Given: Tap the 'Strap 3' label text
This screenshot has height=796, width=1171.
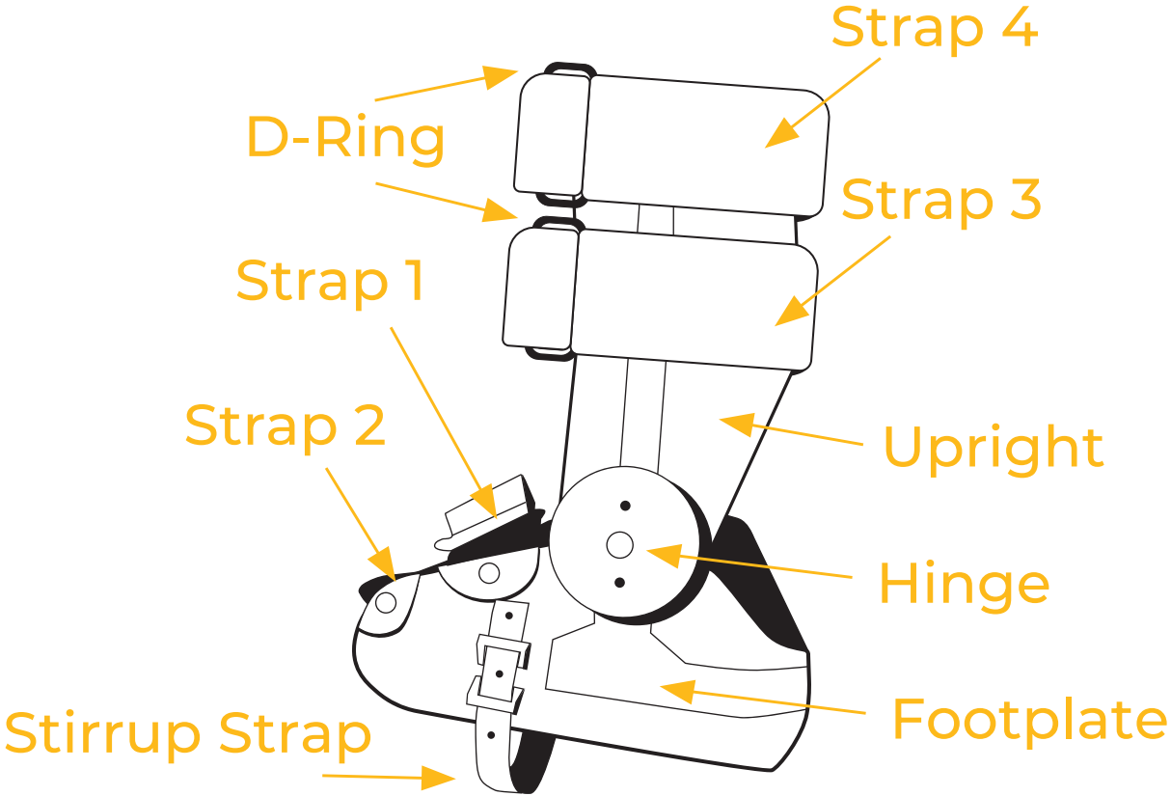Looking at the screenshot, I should point(940,200).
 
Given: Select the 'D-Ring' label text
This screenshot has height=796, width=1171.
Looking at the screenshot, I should point(346,138).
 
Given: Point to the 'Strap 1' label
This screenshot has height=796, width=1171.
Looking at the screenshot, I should point(330,281).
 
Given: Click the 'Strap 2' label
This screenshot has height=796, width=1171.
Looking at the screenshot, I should point(285,425).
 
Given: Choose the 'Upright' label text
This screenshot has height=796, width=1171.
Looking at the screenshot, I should point(993,448).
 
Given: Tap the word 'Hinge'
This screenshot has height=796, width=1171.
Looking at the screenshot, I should point(963,584).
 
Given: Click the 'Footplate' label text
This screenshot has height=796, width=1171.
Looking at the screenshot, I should point(1028,719).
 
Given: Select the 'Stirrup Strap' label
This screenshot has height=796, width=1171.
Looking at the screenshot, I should point(188,734).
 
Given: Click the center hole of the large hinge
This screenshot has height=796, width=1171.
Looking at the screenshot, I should point(619,545).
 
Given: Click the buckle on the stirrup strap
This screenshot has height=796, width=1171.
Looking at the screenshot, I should point(500,669).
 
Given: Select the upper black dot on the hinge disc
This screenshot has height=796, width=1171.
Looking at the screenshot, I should point(625,506).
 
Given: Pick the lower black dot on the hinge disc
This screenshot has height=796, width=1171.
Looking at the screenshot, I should point(619,582).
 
